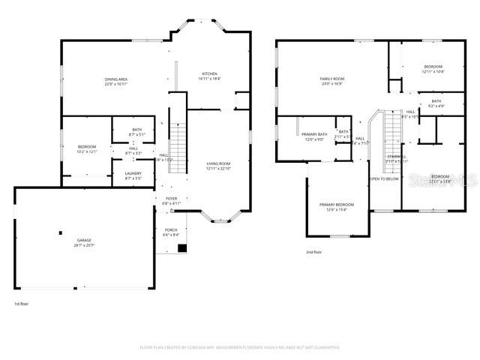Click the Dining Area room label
point(115,79)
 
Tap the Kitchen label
point(209,73)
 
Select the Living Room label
point(218,163)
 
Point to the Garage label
point(83,241)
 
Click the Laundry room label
point(133,173)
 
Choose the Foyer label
point(172,199)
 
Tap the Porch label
point(171,230)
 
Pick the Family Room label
point(331,79)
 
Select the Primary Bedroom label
point(337,205)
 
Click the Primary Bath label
point(314,134)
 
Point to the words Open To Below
point(383,179)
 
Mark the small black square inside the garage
point(60,233)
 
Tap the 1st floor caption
point(22,304)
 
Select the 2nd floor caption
point(314,253)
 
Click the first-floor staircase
point(178,142)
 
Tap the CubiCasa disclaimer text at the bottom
point(239,347)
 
